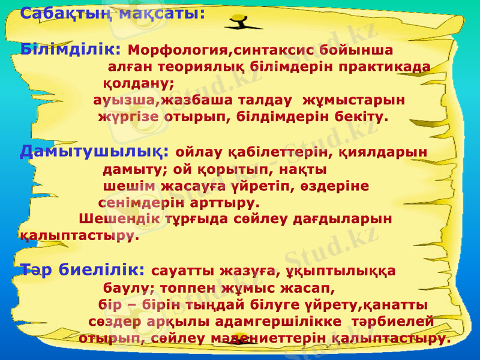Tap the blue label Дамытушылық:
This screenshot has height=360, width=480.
pos(94,151)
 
